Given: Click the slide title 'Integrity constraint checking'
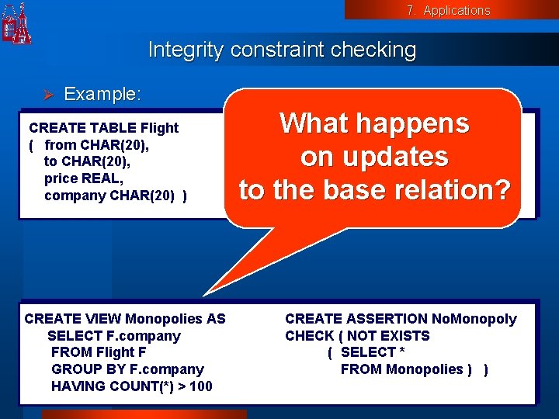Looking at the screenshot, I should click(x=282, y=50).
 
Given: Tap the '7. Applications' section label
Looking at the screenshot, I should click(x=448, y=10).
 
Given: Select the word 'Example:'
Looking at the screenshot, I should click(x=102, y=94).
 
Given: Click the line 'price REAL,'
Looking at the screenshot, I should click(x=84, y=178).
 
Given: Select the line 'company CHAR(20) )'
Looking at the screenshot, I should click(x=115, y=196).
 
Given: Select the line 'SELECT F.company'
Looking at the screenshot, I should click(x=113, y=336).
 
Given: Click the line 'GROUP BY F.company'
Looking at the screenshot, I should click(x=127, y=369).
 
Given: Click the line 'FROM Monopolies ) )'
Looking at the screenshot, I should click(x=414, y=369).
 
